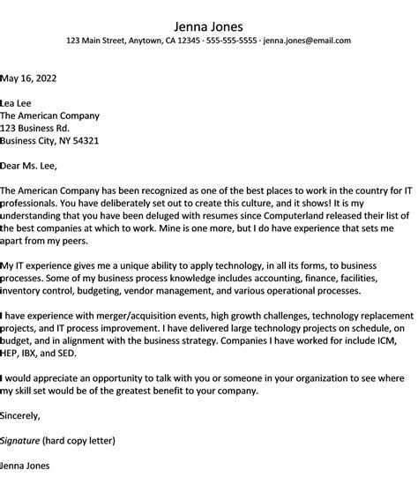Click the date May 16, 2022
tap(30, 78)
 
